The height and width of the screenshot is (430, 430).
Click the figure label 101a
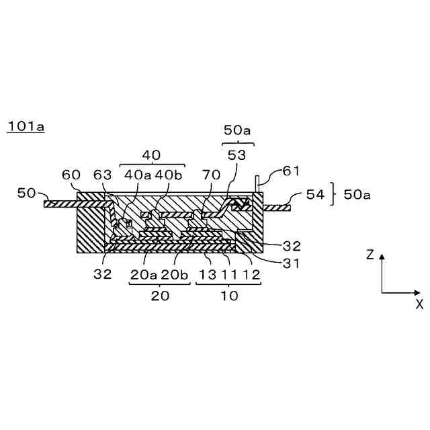[26, 126]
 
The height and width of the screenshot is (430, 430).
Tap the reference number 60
[71, 175]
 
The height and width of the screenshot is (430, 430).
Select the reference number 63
[103, 175]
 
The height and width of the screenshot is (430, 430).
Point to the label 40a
[138, 175]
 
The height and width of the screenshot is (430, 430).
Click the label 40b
[169, 175]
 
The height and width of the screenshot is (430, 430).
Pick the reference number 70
[212, 175]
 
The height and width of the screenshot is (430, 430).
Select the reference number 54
[315, 195]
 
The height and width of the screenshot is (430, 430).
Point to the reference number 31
[291, 263]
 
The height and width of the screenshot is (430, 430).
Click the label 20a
[144, 275]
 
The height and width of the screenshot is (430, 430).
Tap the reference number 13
[208, 275]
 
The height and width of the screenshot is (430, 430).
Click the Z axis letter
[370, 255]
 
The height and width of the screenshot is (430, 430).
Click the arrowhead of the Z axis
[382, 257]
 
